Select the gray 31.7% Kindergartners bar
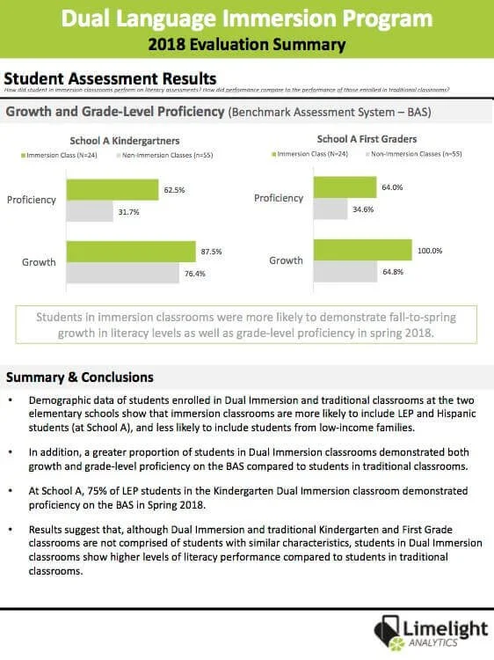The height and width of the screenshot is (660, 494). coord(90,211)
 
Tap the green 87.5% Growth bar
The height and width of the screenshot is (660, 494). coord(131,252)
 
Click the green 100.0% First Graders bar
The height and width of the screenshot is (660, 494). coord(362,251)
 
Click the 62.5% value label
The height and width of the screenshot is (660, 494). coord(173,189)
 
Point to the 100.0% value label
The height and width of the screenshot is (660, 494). coord(430,251)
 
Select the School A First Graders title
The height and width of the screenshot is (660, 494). coord(367,139)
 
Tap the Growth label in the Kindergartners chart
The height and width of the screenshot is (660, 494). coord(39,262)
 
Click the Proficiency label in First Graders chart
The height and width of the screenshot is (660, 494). coord(279,198)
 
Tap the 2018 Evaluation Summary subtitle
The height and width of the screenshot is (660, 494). coord(247,43)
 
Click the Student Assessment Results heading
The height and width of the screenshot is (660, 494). coord(111,78)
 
